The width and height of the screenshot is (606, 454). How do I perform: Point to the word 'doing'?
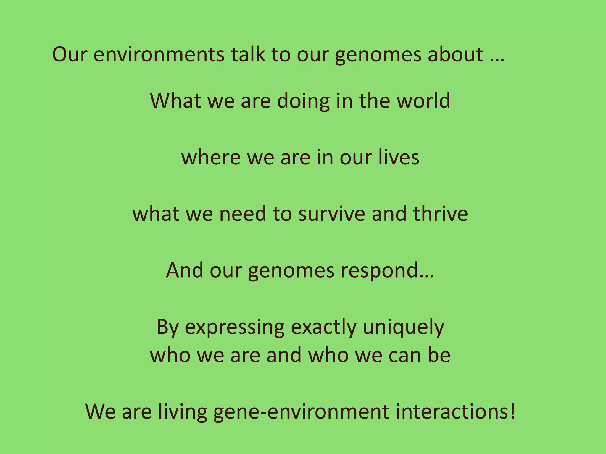303,101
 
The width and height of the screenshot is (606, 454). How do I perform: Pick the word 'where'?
211,157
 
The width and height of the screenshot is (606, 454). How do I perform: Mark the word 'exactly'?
324,327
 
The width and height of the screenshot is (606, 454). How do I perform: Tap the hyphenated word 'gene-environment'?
301,412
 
